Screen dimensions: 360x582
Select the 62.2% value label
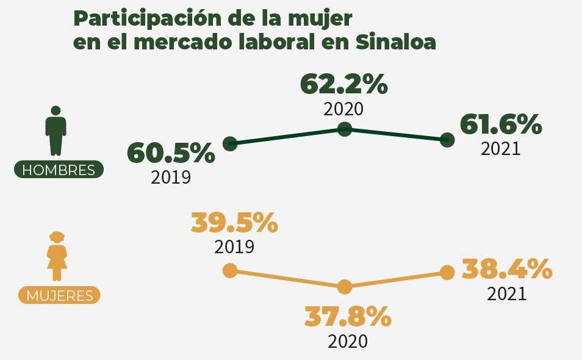pos(344,85)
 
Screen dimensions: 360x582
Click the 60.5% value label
pos(171,153)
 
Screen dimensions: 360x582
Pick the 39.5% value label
pos(234,223)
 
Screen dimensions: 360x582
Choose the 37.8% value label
pos(348,317)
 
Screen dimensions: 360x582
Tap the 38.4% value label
pos(507,268)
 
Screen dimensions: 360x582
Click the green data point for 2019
pos(230,144)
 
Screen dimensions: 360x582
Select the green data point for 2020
pos(345,129)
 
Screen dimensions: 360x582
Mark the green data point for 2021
pos(447,140)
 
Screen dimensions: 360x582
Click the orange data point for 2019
pos(230,270)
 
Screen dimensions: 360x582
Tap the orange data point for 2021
pos(447,272)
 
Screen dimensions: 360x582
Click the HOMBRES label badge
pos(59,170)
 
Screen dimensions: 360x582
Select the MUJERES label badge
pos(59,296)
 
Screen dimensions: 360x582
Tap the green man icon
pos(56,131)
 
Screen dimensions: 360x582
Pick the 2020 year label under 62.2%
pos(343,109)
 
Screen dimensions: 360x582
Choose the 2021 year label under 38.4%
pos(507,293)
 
